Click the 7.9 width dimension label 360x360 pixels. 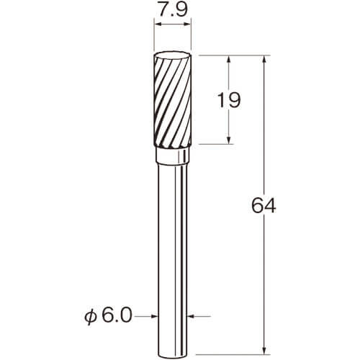pyautogui.click(x=172, y=9)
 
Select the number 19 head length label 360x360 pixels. pyautogui.click(x=228, y=100)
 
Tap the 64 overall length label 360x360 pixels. pyautogui.click(x=264, y=206)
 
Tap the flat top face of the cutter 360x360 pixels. pyautogui.click(x=172, y=55)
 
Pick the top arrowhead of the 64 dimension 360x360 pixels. pyautogui.click(x=264, y=59)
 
